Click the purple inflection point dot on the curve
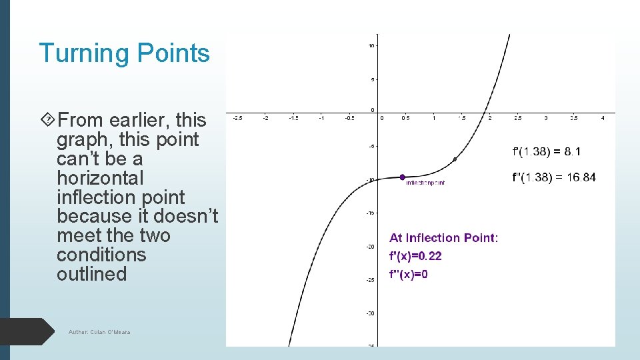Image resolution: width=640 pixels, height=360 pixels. click(x=402, y=177)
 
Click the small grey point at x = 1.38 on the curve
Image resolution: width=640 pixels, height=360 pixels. click(x=455, y=159)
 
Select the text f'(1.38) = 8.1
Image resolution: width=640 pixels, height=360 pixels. click(x=546, y=152)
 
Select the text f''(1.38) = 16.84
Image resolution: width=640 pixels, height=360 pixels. click(x=553, y=177)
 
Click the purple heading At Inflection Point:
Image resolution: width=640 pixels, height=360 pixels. click(x=443, y=238)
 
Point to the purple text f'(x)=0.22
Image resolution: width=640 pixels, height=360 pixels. click(x=415, y=256)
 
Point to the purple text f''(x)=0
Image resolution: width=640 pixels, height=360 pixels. click(x=409, y=275)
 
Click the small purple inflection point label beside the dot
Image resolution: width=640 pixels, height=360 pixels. click(x=425, y=182)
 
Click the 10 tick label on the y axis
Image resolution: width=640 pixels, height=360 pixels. click(x=371, y=45)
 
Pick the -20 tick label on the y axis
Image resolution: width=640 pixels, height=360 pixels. click(x=370, y=246)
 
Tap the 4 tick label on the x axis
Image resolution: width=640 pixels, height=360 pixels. click(x=602, y=119)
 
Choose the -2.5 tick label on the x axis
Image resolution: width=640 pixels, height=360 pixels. click(x=237, y=119)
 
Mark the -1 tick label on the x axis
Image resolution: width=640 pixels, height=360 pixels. click(x=321, y=119)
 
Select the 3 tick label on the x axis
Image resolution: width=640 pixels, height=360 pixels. click(x=546, y=119)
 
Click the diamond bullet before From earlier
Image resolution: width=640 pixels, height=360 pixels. click(x=47, y=121)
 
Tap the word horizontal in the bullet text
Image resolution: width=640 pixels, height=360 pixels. click(x=100, y=178)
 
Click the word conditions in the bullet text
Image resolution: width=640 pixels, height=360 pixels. click(x=101, y=255)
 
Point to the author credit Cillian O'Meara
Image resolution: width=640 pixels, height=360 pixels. click(x=99, y=332)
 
